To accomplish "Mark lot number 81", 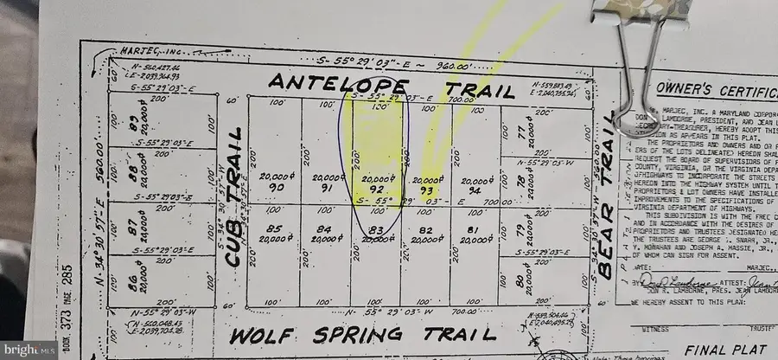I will (x=470, y=229).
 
